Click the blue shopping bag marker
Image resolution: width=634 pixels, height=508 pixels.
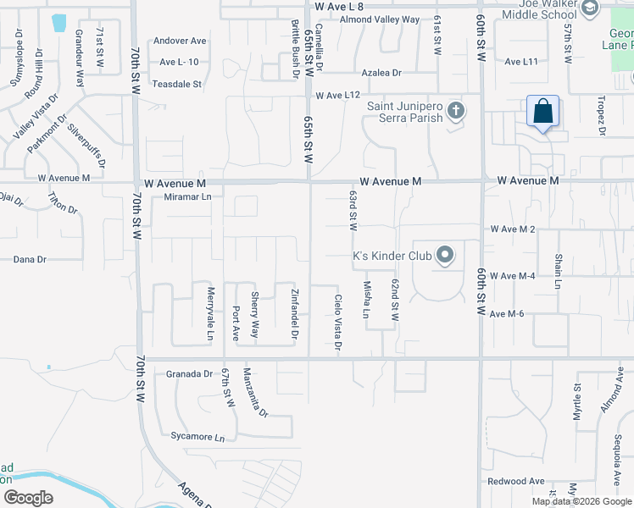pyautogui.click(x=542, y=113)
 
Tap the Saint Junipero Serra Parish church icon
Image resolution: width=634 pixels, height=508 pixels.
pyautogui.click(x=456, y=111)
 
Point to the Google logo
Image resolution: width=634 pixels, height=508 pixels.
pyautogui.click(x=28, y=498)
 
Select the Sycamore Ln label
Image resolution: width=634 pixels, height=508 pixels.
pyautogui.click(x=197, y=438)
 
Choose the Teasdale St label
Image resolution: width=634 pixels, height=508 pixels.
pyautogui.click(x=176, y=84)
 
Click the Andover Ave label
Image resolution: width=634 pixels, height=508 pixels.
pyautogui.click(x=180, y=40)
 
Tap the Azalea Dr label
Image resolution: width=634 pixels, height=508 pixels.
pyautogui.click(x=381, y=73)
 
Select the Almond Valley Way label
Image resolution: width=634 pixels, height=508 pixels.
pyautogui.click(x=381, y=19)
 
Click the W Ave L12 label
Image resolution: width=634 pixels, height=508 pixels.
pyautogui.click(x=340, y=95)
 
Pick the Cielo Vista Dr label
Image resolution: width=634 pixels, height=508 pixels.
pyautogui.click(x=338, y=322)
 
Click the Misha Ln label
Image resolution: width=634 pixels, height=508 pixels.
pyautogui.click(x=367, y=300)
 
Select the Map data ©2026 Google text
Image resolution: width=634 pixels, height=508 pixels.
pyautogui.click(x=581, y=501)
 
